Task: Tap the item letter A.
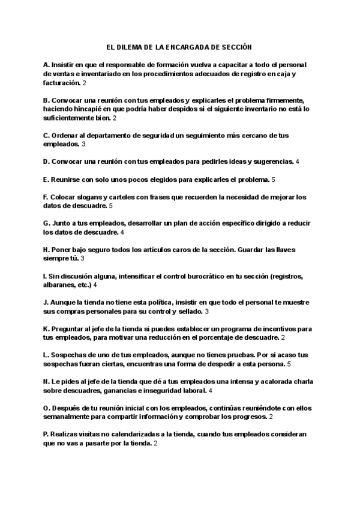47,64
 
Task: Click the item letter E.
46,179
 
